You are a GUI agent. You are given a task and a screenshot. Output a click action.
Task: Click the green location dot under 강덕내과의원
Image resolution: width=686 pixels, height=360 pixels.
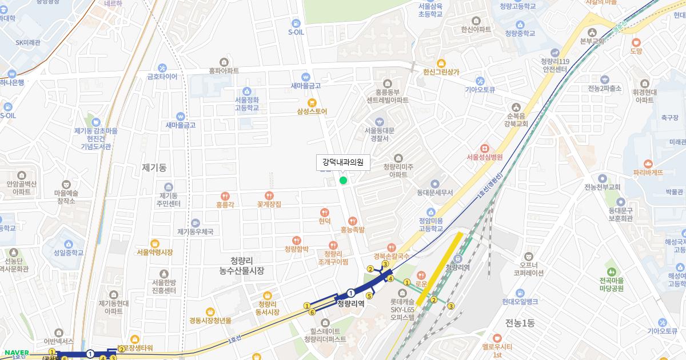tap(343, 181)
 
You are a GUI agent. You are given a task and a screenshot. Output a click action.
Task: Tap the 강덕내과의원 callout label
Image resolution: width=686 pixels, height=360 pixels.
tap(343, 163)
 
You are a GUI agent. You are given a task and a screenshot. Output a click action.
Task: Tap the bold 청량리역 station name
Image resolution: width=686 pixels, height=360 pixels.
tap(350, 303)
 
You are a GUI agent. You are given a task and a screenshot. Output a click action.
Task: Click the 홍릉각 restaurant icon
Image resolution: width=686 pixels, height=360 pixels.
tap(225, 195)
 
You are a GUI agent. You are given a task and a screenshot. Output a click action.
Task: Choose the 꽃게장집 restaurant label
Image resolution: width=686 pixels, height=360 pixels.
tap(269, 204)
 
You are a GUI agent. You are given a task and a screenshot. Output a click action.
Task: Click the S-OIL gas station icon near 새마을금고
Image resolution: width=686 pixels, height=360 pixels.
tap(296, 23)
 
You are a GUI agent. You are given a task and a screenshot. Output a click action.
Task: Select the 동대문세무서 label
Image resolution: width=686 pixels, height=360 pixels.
tap(434, 193)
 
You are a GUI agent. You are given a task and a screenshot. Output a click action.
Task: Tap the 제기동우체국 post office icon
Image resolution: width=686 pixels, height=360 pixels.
tap(196, 222)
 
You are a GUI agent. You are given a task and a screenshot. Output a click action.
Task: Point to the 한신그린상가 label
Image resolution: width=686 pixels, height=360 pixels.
tap(441, 72)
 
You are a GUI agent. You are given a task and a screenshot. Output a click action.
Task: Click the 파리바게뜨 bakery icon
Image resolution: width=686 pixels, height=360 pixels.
tap(648, 163)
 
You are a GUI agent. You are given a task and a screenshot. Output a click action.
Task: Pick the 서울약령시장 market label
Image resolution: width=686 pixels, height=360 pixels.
tap(154, 252)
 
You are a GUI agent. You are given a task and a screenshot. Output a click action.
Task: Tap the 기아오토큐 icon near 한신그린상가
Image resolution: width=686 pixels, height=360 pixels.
tap(480, 81)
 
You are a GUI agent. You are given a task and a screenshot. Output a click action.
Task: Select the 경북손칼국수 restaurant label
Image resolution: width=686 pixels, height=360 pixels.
tap(391, 257)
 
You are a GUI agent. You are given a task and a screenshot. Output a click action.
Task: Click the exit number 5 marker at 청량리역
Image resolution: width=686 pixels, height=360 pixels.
tap(369, 295)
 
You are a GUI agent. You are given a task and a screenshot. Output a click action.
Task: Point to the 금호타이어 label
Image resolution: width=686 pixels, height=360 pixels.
tap(162, 77)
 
